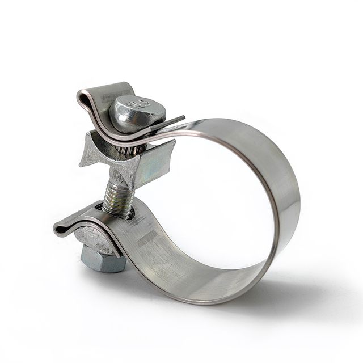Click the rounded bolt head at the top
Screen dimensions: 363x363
pos(137,113)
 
